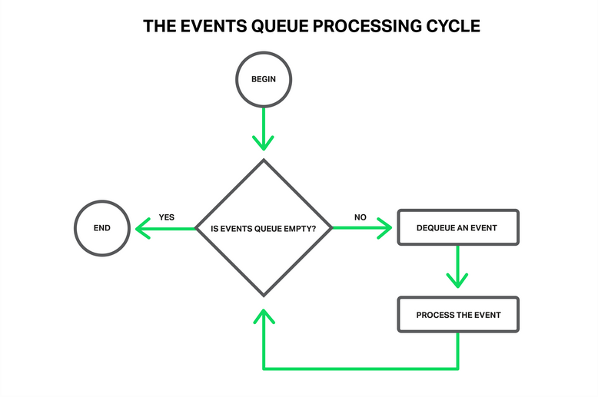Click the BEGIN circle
[x=264, y=79]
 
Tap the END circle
[x=101, y=228]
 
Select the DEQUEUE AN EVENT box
[x=458, y=228]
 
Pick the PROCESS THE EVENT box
[x=458, y=315]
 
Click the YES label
[x=167, y=217]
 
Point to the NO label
[x=360, y=217]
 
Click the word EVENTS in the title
[x=206, y=26]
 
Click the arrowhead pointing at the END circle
[x=141, y=228]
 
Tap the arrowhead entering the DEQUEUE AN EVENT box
[x=386, y=228]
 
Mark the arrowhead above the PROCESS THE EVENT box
[x=458, y=281]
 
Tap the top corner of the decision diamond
[x=264, y=160]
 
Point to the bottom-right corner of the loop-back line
[x=458, y=369]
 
